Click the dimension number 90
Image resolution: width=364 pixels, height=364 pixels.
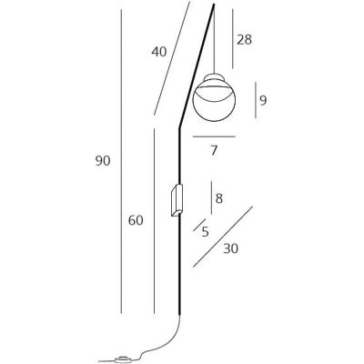point(103,161)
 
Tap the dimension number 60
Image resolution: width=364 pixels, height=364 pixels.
point(136,220)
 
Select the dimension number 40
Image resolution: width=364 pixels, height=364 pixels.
point(159,52)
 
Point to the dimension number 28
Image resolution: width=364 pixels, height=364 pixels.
point(244,40)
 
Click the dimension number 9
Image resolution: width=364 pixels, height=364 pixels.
point(263,100)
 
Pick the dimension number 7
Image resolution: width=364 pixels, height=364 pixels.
point(214,150)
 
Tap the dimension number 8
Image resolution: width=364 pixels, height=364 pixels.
point(219,198)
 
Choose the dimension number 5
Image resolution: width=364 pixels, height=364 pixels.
point(206,232)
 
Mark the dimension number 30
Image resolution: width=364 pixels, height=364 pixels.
point(231,248)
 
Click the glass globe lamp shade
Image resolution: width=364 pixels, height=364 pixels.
point(214,100)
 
